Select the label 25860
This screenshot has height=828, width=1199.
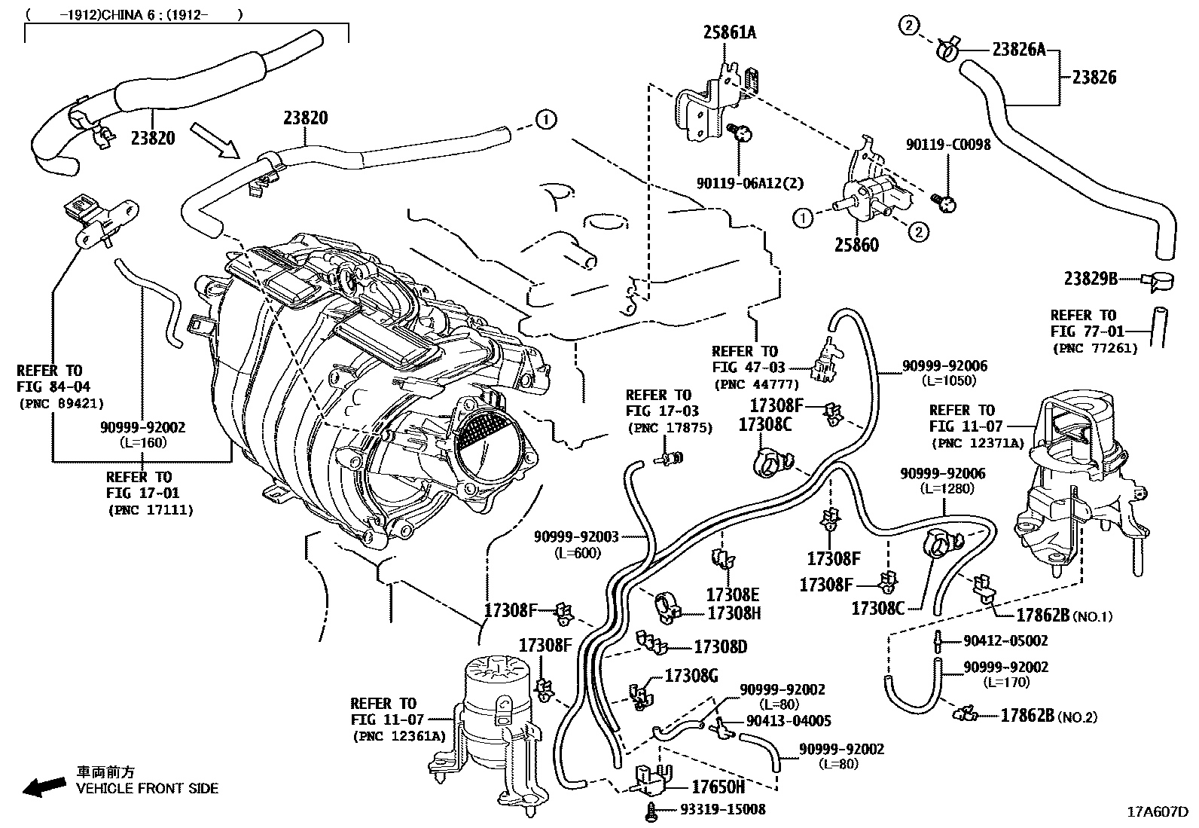pyautogui.click(x=856, y=245)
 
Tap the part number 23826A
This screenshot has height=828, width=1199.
pyautogui.click(x=1018, y=50)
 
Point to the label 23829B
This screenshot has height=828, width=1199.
pyautogui.click(x=1091, y=278)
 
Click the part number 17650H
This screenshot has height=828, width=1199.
pyautogui.click(x=718, y=787)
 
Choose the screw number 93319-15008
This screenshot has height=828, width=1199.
pyautogui.click(x=722, y=810)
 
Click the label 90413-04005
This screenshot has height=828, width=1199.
pyautogui.click(x=789, y=721)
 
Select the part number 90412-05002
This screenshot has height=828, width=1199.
pyautogui.click(x=1005, y=641)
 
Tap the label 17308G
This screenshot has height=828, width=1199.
pyautogui.click(x=691, y=676)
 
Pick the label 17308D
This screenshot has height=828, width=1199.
pyautogui.click(x=720, y=647)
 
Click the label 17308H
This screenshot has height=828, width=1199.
pyautogui.click(x=734, y=613)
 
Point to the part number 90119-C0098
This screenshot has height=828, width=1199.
pyautogui.click(x=948, y=144)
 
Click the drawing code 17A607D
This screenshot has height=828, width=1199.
pyautogui.click(x=1157, y=812)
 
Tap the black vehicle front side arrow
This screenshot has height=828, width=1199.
pyautogui.click(x=44, y=787)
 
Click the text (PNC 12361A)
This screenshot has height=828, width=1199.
pyautogui.click(x=398, y=736)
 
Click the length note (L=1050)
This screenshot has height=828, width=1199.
pyautogui.click(x=948, y=381)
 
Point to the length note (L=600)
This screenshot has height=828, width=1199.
pyautogui.click(x=576, y=552)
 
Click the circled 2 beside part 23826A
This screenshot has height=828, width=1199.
pyautogui.click(x=909, y=26)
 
